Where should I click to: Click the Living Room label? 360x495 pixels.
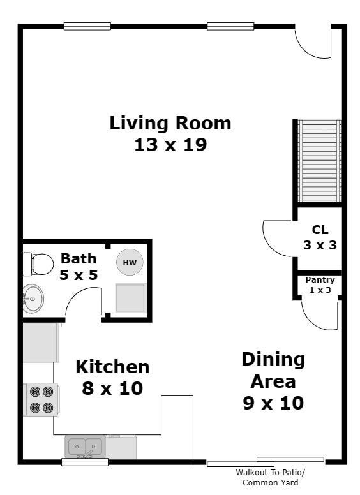170,123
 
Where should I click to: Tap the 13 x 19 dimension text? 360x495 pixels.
170,145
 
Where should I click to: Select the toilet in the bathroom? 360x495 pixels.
38,264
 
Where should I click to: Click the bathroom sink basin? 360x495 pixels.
33,299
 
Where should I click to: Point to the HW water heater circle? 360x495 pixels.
130,262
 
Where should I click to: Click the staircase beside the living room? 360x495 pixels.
320,161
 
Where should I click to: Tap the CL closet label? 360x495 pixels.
320,230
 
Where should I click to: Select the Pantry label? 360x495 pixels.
320,279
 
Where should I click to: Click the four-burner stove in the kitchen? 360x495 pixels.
41,399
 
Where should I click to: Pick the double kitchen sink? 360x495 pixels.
86,447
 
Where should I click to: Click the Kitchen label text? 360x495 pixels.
112,367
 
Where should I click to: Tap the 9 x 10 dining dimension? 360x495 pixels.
273,403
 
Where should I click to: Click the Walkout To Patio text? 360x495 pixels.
270,473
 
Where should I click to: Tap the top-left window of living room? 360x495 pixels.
87,26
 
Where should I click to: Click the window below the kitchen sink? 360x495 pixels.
85,462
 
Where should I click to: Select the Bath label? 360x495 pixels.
79,258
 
